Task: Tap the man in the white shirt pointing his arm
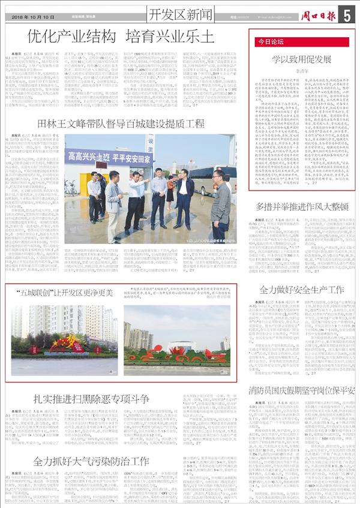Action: (x=139, y=191)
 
